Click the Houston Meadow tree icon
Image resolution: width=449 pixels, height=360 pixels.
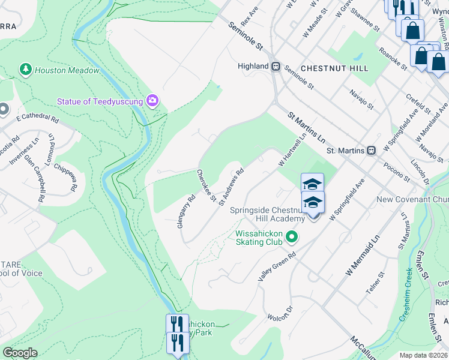25,70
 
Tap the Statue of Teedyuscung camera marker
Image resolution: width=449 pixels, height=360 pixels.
152,101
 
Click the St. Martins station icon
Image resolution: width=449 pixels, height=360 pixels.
372,150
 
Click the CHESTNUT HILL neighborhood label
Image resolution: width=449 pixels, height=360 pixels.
334,68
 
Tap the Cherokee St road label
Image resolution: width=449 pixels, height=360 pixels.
206,185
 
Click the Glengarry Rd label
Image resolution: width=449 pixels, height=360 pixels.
187,206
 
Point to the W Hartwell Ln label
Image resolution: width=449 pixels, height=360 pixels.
292,151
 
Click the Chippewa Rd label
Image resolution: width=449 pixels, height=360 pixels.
65,176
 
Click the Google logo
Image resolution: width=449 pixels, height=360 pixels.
20,353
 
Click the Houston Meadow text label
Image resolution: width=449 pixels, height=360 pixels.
67,70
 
